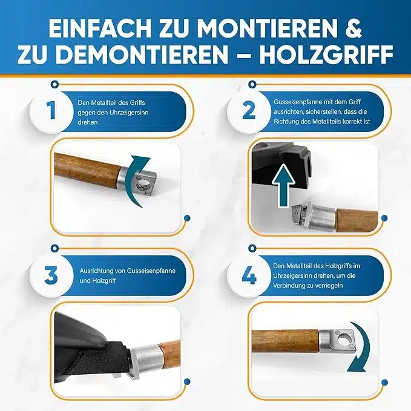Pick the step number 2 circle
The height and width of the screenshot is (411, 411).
click(x=249, y=110)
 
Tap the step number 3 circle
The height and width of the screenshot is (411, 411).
click(x=51, y=275)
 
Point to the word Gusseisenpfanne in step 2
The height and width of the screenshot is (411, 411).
click(x=297, y=102)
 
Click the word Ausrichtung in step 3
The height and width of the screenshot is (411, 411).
click(x=96, y=271)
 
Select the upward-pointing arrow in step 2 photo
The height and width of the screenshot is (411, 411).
click(x=284, y=185)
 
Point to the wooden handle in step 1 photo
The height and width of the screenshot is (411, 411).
click(x=87, y=171)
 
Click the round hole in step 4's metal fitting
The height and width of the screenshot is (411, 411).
click(x=343, y=341)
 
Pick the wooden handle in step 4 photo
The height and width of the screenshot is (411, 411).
click(x=286, y=341)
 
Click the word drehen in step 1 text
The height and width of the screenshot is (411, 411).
click(x=88, y=122)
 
